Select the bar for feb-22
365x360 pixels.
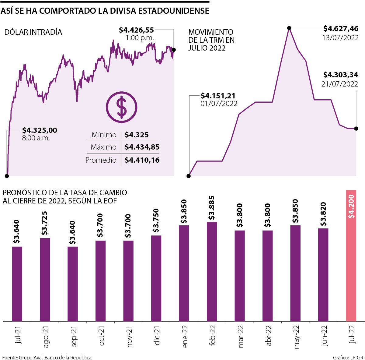coord(212,271)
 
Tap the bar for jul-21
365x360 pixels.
coord(17,283)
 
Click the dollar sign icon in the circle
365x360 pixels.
coord(122,107)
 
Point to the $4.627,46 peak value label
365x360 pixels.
coord(341,29)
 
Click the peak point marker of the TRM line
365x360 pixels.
coord(289,28)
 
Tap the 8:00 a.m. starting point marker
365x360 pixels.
coord(7,176)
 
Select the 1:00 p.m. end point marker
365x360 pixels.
coord(173,50)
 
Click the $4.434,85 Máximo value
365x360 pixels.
coord(142,147)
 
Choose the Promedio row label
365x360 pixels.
coord(101,160)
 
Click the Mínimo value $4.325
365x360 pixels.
coord(137,135)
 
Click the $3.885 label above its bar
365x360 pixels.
coord(212,208)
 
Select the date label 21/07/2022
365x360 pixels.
coord(339,84)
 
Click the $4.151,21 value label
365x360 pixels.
coord(218,96)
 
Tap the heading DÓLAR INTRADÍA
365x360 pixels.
coord(33,32)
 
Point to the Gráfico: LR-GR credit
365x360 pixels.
coord(348,357)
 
